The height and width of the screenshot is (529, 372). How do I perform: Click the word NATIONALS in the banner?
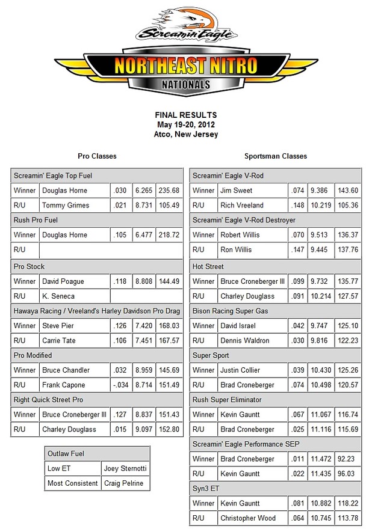click(185, 85)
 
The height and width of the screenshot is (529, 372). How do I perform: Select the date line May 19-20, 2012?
click(185, 124)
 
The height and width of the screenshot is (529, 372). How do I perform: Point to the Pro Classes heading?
click(97, 156)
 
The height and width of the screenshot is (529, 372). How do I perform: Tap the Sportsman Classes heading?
click(275, 156)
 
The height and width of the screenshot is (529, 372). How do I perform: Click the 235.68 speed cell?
click(169, 191)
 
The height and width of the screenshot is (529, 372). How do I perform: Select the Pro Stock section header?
click(29, 266)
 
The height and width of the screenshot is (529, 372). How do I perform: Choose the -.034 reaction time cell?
click(121, 385)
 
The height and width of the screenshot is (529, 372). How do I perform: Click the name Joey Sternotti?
click(125, 468)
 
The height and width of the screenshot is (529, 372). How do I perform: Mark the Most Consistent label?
click(72, 483)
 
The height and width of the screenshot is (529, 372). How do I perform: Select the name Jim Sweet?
click(237, 191)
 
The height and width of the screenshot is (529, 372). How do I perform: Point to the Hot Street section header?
click(208, 266)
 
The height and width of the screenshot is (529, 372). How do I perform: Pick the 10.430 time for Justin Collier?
click(321, 370)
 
